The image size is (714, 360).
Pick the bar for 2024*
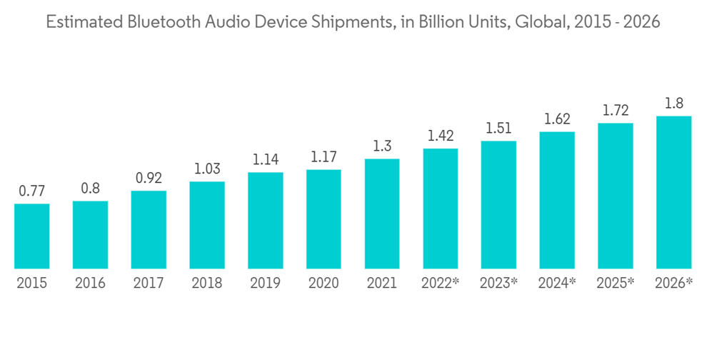pos(557,200)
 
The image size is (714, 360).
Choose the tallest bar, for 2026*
pos(674,192)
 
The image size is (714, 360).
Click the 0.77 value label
pos(32,191)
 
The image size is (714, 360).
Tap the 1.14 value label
pos(266,160)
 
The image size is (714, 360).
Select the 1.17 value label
pos(323,158)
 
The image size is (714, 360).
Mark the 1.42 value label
pos(440,136)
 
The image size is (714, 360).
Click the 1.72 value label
pos(615,111)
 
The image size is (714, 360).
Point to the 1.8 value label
pos(674,104)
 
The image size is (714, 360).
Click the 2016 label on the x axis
pos(90,283)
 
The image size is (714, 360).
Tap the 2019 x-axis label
pos(266,283)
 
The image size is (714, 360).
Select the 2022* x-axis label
pos(440,283)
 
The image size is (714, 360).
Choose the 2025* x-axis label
pos(615,283)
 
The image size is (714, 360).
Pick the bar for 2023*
pos(498,204)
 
